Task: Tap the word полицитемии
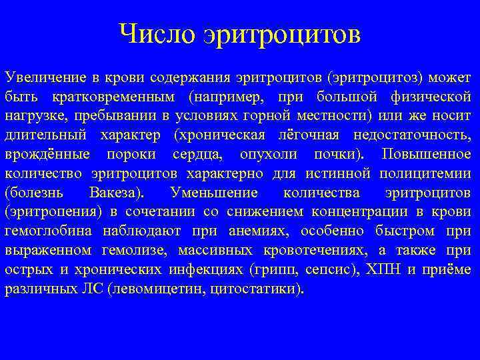pyautogui.click(x=425, y=173)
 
